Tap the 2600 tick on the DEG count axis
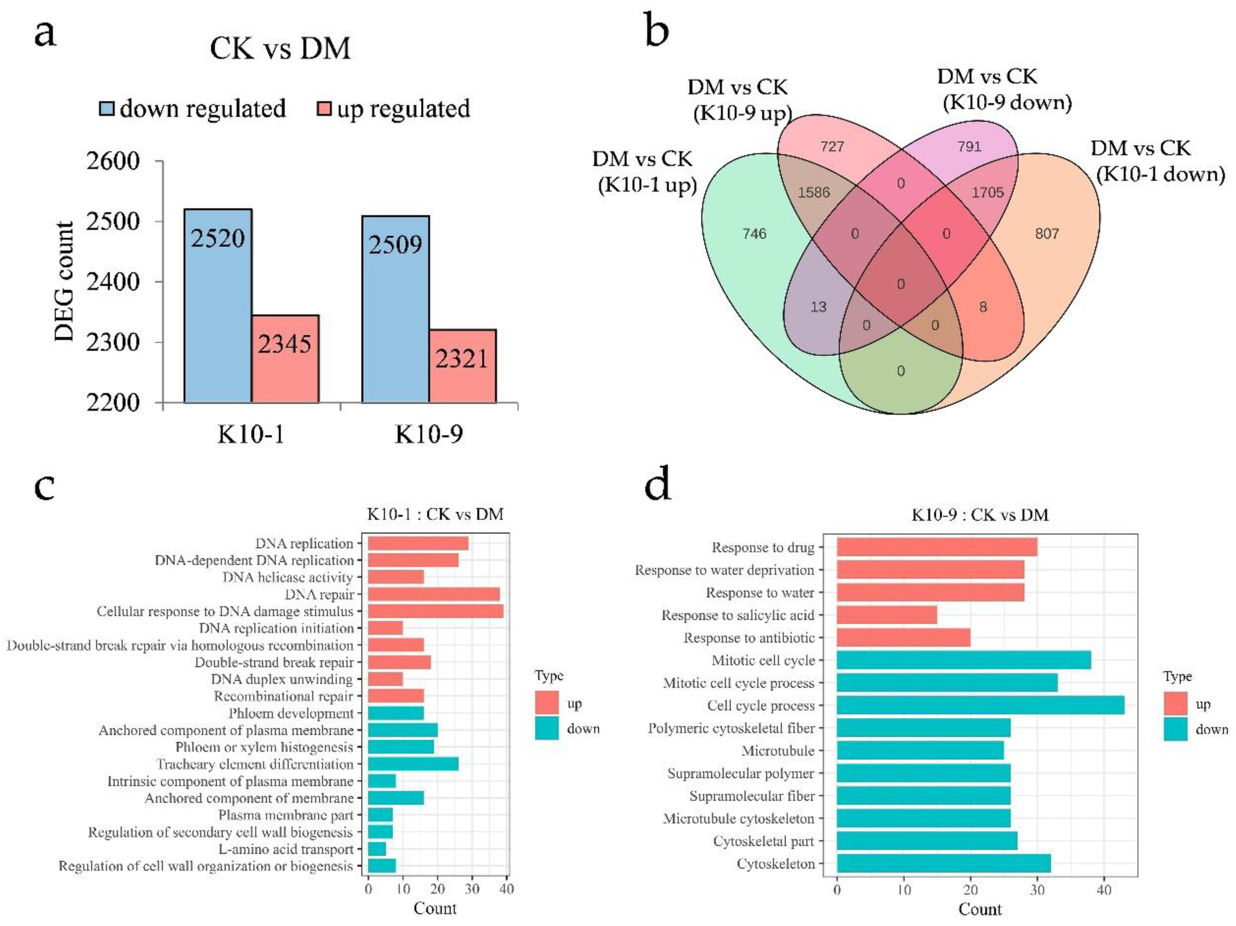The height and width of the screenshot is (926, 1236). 113,161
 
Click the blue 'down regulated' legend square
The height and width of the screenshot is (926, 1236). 107,108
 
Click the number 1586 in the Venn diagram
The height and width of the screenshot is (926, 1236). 814,192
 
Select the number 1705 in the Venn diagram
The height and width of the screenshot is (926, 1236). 988,192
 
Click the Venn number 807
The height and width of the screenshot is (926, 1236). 1047,234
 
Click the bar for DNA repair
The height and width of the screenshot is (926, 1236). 434,594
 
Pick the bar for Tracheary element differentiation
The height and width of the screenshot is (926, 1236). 413,764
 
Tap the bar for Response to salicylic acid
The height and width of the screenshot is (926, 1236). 887,615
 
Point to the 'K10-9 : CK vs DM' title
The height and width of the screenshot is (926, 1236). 980,515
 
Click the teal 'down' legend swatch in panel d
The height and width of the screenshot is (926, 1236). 1175,729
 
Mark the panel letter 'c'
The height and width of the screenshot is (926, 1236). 45,486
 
